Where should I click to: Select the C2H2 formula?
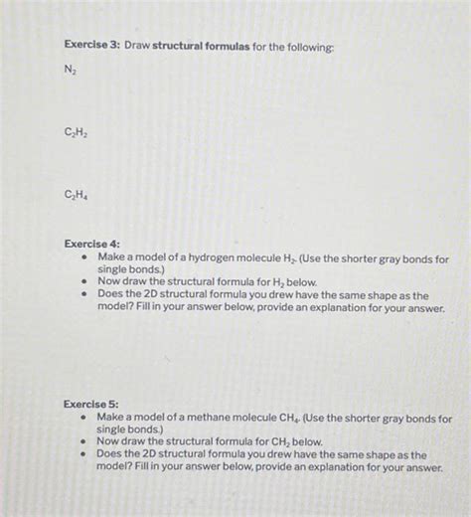coord(75,131)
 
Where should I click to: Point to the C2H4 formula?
coord(75,196)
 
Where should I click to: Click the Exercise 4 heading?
coord(91,244)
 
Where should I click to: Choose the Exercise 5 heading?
coord(90,405)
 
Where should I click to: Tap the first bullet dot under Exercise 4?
coord(84,257)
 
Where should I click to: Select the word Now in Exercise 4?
coord(109,281)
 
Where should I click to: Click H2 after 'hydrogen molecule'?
coord(291,257)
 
